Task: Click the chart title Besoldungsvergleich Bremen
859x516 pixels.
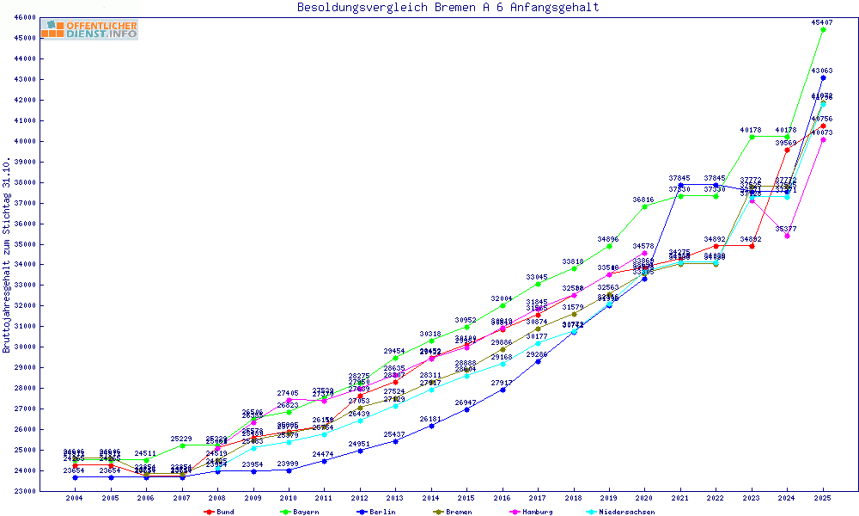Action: tap(448, 8)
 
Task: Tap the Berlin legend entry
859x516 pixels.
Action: tap(379, 512)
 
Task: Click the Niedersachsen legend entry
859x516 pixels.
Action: tap(622, 512)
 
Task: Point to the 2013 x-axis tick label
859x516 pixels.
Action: tap(395, 498)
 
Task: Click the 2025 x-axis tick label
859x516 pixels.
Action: tap(823, 498)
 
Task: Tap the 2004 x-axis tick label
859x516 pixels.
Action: tap(75, 498)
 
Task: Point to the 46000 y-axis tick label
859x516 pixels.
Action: tap(24, 17)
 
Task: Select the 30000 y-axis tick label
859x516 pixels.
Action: tap(24, 347)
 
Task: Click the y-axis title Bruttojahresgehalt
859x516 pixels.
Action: tap(7, 255)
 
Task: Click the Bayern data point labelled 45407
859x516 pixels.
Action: tap(823, 29)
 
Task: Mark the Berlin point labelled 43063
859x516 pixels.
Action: tap(823, 77)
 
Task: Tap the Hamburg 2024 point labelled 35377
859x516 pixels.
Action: tap(787, 236)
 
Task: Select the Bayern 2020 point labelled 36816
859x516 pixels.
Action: tap(644, 206)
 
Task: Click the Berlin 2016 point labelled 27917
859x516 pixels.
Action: tap(502, 390)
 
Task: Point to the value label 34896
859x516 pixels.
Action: tap(608, 238)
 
